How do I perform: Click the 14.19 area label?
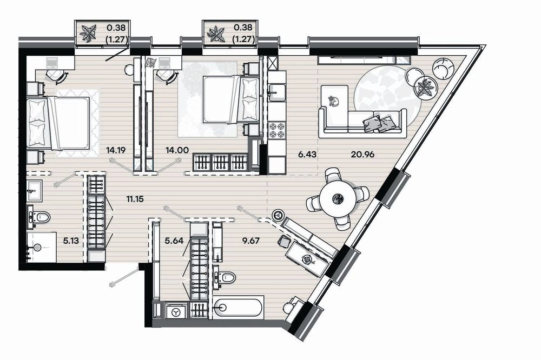coord(116,150)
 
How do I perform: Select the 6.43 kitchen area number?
coord(307,155)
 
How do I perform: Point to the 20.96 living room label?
coord(362,155)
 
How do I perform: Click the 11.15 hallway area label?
coord(135,199)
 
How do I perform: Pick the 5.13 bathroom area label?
coord(71,241)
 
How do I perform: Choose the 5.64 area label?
coord(173,241)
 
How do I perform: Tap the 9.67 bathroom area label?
coord(250,241)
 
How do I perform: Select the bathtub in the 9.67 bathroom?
coord(239,307)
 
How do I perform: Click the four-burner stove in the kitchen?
coord(277,130)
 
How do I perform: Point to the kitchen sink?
coord(276,92)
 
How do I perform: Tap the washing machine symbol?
coord(176,312)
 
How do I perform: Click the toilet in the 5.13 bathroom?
coord(39,217)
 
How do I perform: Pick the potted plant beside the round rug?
coord(424,87)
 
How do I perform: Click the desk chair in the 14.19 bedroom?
coord(57,75)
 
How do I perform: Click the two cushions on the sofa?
coord(379,123)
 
